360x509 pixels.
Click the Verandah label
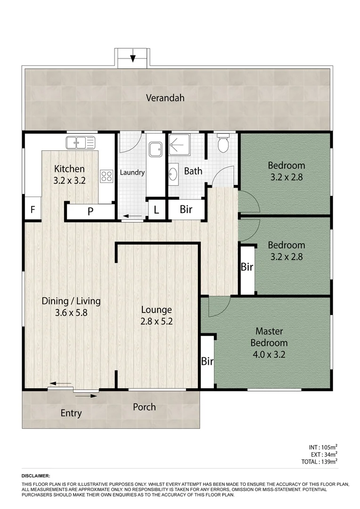click(x=164, y=98)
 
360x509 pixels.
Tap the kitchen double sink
click(x=81, y=141)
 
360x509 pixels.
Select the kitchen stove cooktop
click(x=106, y=176)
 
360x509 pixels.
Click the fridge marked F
click(x=33, y=210)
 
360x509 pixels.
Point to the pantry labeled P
click(x=90, y=212)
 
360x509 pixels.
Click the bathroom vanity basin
click(x=173, y=173)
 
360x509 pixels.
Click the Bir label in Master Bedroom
click(x=207, y=362)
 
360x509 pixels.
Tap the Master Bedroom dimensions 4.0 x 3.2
click(x=269, y=353)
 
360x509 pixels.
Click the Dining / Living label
click(x=71, y=301)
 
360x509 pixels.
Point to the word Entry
click(x=71, y=413)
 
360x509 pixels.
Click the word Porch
click(x=144, y=407)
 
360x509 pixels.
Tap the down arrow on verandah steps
click(x=133, y=58)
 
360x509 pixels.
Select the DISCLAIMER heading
click(x=36, y=476)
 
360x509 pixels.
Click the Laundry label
click(x=132, y=172)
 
